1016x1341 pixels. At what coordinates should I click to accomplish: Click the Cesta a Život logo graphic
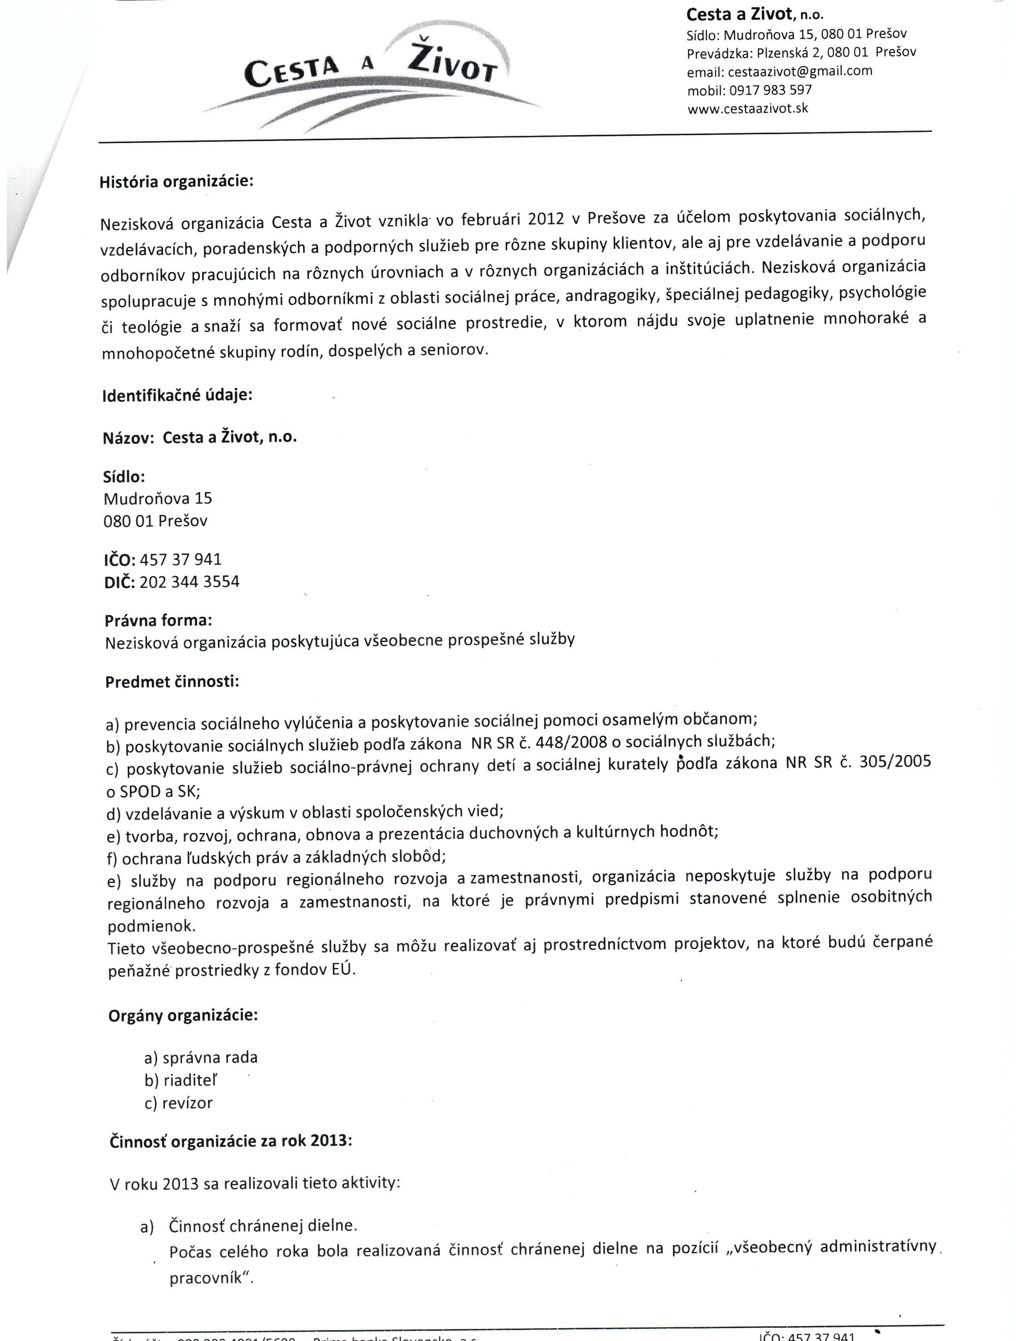click(371, 76)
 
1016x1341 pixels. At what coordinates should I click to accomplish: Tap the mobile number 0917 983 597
click(770, 90)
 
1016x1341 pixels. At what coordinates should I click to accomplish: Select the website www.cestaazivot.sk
click(748, 109)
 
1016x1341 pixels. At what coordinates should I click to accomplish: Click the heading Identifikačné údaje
click(177, 395)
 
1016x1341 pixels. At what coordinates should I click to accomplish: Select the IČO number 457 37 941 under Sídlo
click(180, 559)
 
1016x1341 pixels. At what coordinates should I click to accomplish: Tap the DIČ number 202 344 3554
click(189, 582)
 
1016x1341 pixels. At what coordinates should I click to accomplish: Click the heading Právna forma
click(158, 620)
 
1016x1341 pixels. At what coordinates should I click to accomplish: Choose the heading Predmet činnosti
click(172, 682)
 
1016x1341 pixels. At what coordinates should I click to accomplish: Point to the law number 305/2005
click(895, 762)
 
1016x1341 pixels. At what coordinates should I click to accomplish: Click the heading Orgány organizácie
click(183, 1015)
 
